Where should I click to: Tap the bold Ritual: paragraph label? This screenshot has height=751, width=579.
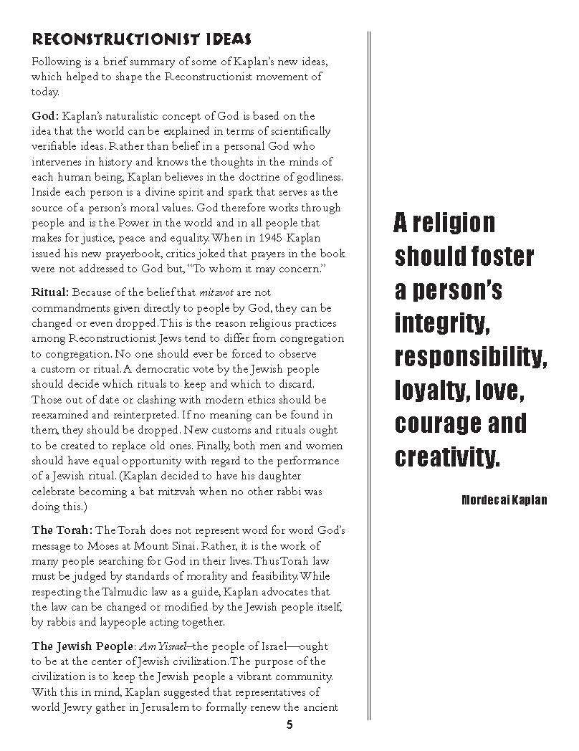click(x=50, y=292)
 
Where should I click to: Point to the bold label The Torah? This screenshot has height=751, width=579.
click(x=62, y=530)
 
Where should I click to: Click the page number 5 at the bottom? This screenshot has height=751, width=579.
click(x=289, y=724)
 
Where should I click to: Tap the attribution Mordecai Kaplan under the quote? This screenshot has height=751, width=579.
click(x=504, y=500)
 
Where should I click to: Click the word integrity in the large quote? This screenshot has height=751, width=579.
click(x=442, y=324)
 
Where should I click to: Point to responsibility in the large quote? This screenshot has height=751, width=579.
click(x=471, y=357)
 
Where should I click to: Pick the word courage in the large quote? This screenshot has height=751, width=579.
click(x=438, y=424)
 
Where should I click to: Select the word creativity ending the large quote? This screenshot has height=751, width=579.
click(x=446, y=456)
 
